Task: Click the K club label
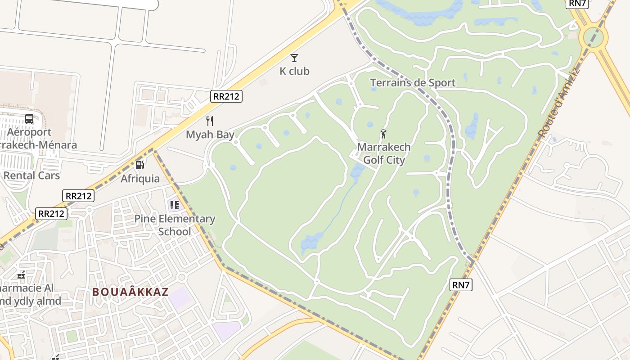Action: tap(294, 71)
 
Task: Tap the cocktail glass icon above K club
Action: tap(294, 58)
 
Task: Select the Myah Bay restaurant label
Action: tap(210, 135)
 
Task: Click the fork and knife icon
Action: tap(209, 121)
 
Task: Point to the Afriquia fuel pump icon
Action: tap(140, 165)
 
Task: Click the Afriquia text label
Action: tap(140, 179)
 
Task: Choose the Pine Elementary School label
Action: tap(175, 225)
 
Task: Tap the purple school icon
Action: tap(174, 206)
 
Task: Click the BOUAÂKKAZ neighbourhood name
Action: tap(130, 292)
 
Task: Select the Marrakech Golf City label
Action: tap(384, 153)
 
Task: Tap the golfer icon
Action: tap(383, 134)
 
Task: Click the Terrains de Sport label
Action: tap(413, 83)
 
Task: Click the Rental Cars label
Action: tap(31, 175)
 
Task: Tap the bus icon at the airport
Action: tap(29, 119)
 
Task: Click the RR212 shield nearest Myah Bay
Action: tap(226, 96)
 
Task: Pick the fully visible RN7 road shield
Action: tap(461, 284)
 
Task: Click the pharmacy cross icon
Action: tap(21, 275)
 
